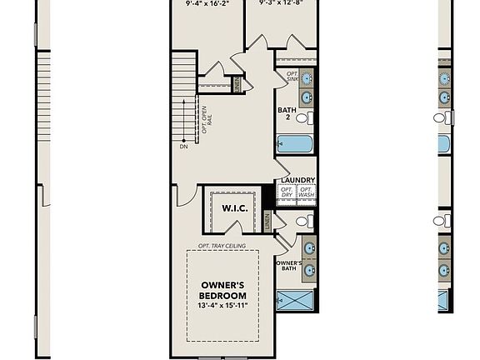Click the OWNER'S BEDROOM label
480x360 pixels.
click(223, 290)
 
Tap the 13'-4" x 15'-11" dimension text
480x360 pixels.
click(223, 306)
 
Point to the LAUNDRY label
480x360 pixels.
click(297, 180)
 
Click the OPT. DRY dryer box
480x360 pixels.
click(287, 192)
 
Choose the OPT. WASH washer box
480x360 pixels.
click(307, 192)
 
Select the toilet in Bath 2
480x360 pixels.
click(305, 117)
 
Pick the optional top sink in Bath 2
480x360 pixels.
click(306, 79)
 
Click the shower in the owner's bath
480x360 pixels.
click(296, 299)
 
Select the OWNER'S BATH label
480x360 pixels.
click(288, 265)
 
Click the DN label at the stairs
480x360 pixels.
click(183, 147)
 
